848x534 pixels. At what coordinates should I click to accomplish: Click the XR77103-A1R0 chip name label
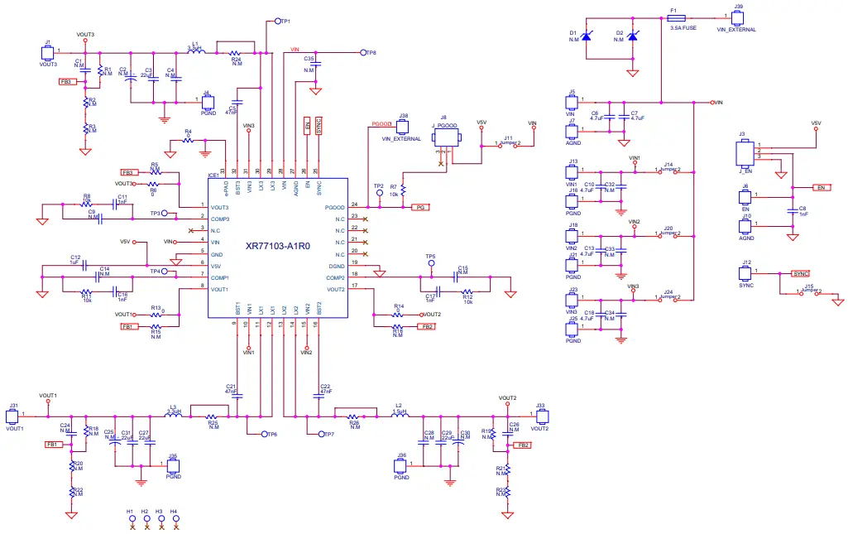277,246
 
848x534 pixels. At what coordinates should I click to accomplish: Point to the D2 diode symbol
633,36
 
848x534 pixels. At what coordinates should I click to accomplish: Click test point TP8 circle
362,52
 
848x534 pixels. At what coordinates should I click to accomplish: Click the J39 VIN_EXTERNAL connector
737,17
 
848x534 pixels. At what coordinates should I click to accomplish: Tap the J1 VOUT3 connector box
47,53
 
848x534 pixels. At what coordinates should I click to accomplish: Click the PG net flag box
420,208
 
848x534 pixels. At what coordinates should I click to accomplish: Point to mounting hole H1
131,519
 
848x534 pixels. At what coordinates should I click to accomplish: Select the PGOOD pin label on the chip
334,206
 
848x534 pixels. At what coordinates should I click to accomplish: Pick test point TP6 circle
264,434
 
